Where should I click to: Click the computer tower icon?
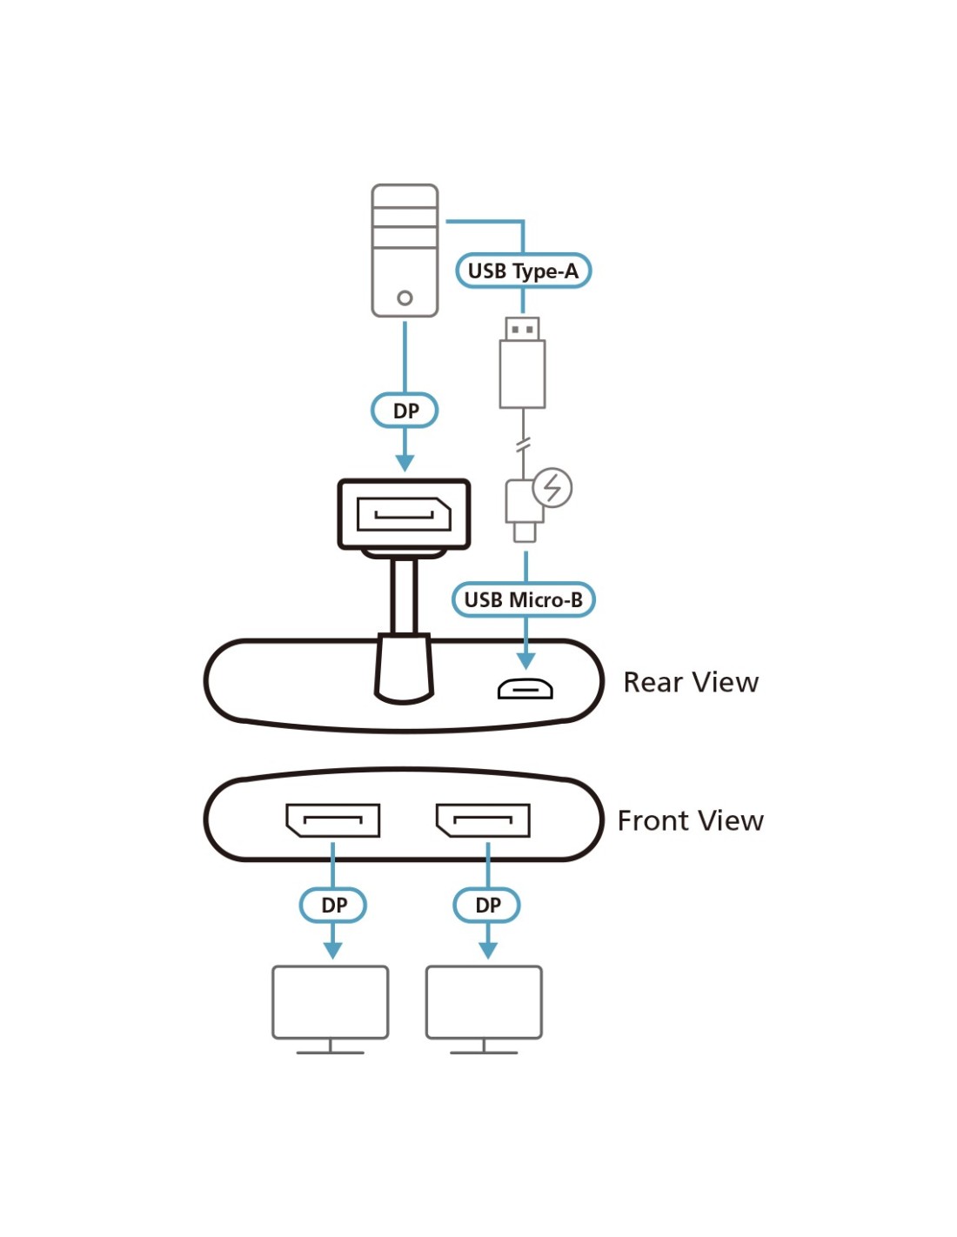pos(405,250)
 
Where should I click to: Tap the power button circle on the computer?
pos(405,298)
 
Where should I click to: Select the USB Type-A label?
pos(523,271)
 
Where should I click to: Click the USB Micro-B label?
pos(523,599)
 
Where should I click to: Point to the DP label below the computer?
pos(405,411)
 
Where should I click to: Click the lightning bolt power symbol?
pos(552,487)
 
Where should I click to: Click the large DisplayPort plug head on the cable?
pos(404,514)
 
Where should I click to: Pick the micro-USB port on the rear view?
pos(525,689)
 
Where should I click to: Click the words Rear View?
pos(691,682)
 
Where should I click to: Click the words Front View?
pos(690,820)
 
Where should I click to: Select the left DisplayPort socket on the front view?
pos(333,819)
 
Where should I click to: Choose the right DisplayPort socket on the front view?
pos(483,819)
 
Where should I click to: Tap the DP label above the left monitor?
pos(333,905)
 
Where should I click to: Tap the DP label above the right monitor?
pos(487,905)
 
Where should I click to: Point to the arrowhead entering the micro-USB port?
pos(525,659)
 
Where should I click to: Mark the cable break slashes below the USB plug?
pos(523,445)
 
